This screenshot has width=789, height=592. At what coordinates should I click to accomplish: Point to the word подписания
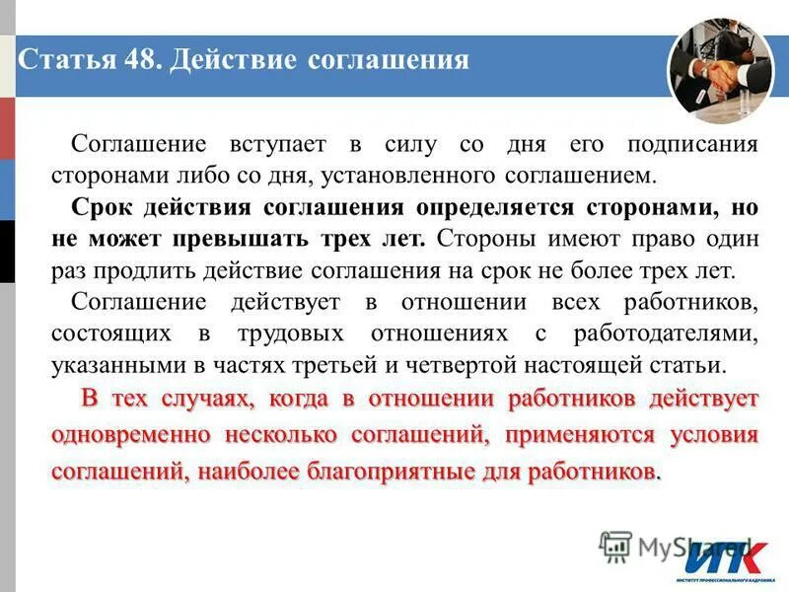coord(691,145)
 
